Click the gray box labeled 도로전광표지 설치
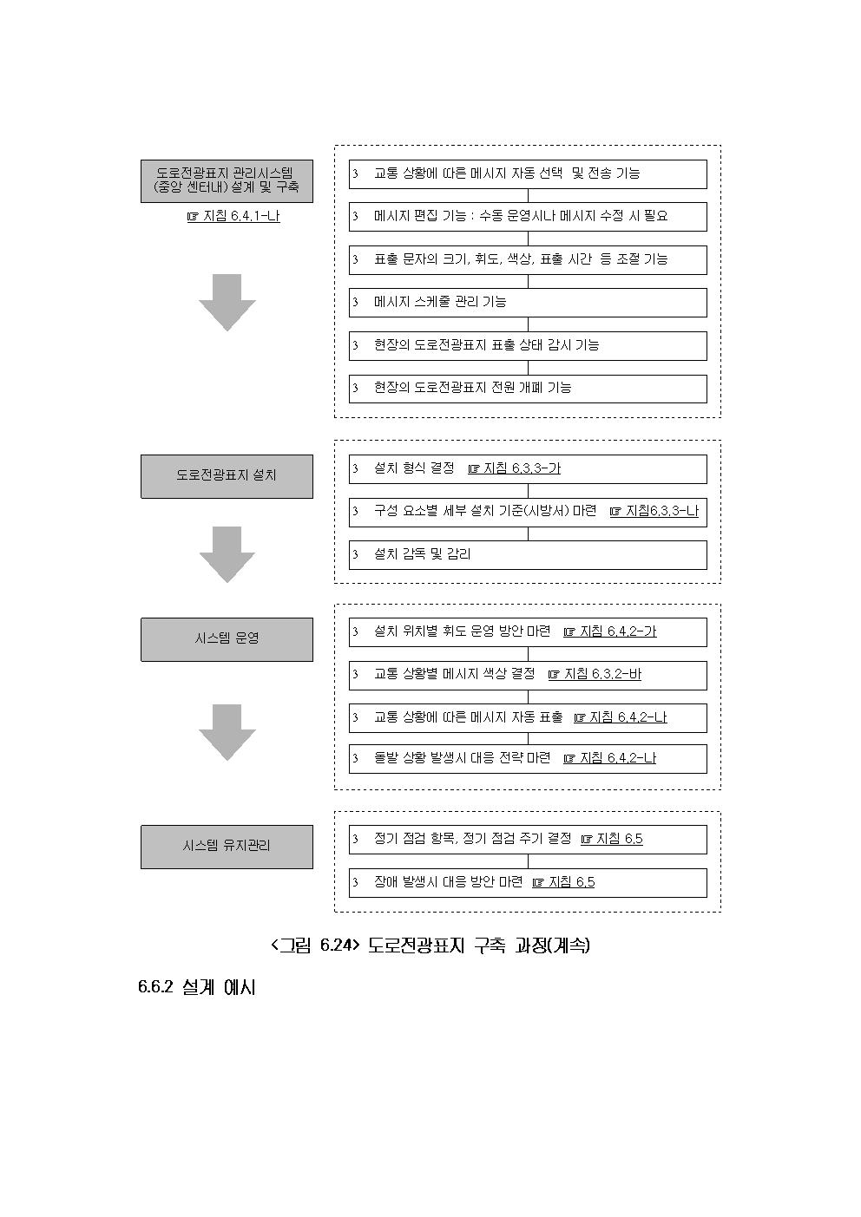227,475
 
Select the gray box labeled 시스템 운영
227,638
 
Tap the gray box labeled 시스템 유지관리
227,846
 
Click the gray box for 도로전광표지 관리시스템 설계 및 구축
227,180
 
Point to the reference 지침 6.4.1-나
233,217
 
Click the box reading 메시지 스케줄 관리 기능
528,302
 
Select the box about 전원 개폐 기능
528,388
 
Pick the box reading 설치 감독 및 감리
528,554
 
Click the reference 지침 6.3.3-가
514,468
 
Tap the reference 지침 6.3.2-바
595,674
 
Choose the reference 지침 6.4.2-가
610,631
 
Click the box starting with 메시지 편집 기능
528,216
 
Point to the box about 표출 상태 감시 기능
528,345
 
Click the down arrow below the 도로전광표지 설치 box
227,553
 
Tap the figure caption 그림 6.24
430,945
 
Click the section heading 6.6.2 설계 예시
196,988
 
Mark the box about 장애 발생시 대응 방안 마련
528,882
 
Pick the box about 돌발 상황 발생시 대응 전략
528,758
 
